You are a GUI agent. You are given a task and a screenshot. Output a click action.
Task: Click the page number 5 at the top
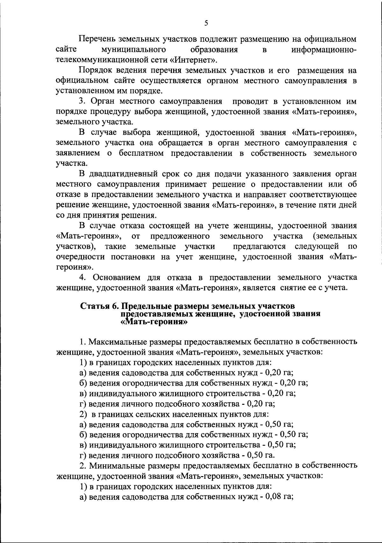pos(206,23)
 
